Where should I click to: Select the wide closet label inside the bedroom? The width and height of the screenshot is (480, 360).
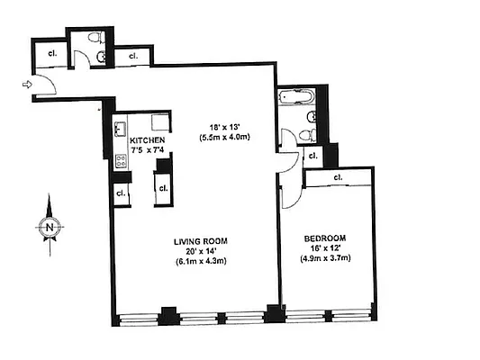click(338, 177)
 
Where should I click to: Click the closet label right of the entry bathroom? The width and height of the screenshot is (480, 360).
click(132, 56)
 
